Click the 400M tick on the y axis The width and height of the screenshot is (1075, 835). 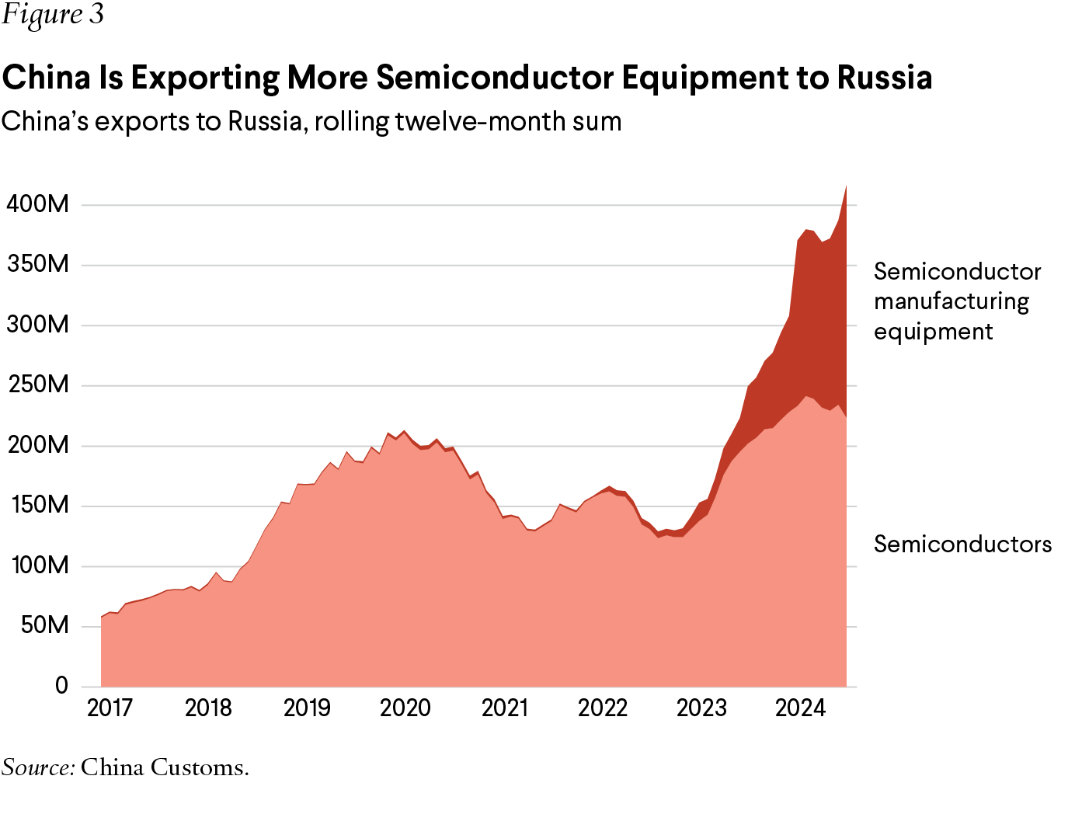[37, 205]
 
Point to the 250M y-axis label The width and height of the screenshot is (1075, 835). [37, 385]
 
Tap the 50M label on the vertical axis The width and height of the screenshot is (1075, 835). [44, 626]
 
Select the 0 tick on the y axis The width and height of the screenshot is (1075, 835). [61, 686]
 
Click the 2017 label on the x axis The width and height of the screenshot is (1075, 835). [110, 708]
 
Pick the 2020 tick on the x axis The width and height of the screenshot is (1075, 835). [405, 708]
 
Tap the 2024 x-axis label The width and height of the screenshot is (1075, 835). [800, 708]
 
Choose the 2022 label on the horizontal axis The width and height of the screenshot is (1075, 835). [603, 708]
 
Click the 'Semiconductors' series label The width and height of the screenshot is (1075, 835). [962, 544]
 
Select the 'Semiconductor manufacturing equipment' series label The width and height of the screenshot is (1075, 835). [957, 301]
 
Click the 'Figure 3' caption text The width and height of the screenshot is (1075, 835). [53, 16]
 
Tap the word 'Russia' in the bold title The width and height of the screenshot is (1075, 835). [884, 78]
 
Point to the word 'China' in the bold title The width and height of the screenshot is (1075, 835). [46, 78]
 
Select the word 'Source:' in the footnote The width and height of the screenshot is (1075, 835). [38, 767]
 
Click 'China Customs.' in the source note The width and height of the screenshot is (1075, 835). [165, 767]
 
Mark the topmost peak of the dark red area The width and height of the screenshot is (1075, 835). [846, 186]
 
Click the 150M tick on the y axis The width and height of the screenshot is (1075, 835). [37, 506]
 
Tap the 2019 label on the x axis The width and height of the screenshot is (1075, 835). [307, 708]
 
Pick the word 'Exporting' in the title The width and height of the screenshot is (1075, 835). [205, 78]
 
